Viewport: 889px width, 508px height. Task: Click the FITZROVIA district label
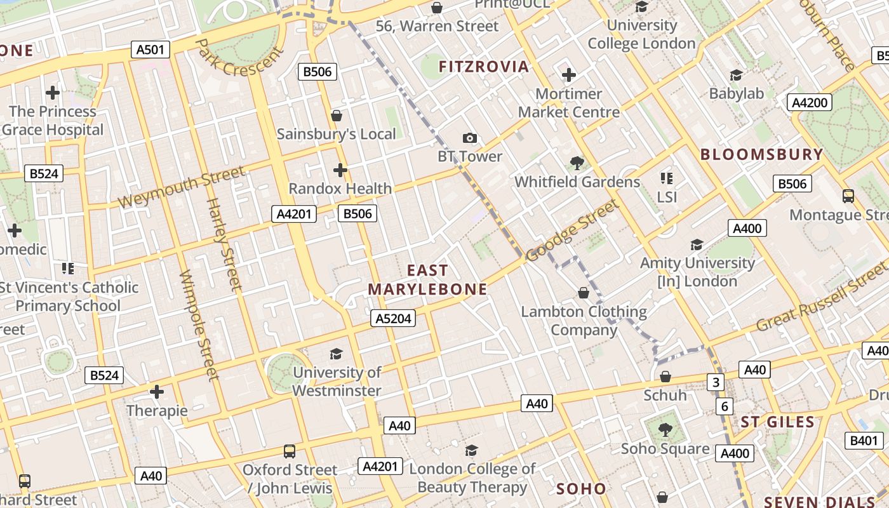point(483,67)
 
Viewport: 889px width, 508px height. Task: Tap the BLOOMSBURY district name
point(761,154)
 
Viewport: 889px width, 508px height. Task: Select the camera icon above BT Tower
point(469,138)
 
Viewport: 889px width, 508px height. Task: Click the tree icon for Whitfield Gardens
point(577,163)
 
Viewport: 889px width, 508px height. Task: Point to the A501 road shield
point(150,50)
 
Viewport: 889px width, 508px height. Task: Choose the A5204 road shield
point(393,318)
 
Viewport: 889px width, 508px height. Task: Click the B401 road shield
point(864,441)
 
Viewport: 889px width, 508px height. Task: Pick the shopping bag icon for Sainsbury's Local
point(337,116)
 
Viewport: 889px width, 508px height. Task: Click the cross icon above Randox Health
point(340,170)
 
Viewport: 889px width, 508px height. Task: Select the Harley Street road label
point(225,244)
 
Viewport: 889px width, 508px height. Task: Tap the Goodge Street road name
point(572,230)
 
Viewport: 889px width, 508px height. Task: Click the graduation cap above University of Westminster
point(336,354)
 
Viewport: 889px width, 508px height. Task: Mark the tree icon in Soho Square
point(665,430)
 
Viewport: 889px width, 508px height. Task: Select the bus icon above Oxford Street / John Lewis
point(290,451)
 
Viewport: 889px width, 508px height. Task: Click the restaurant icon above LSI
point(666,178)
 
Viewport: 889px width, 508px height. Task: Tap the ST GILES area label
point(777,422)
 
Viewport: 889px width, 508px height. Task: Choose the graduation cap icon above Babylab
point(736,76)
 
